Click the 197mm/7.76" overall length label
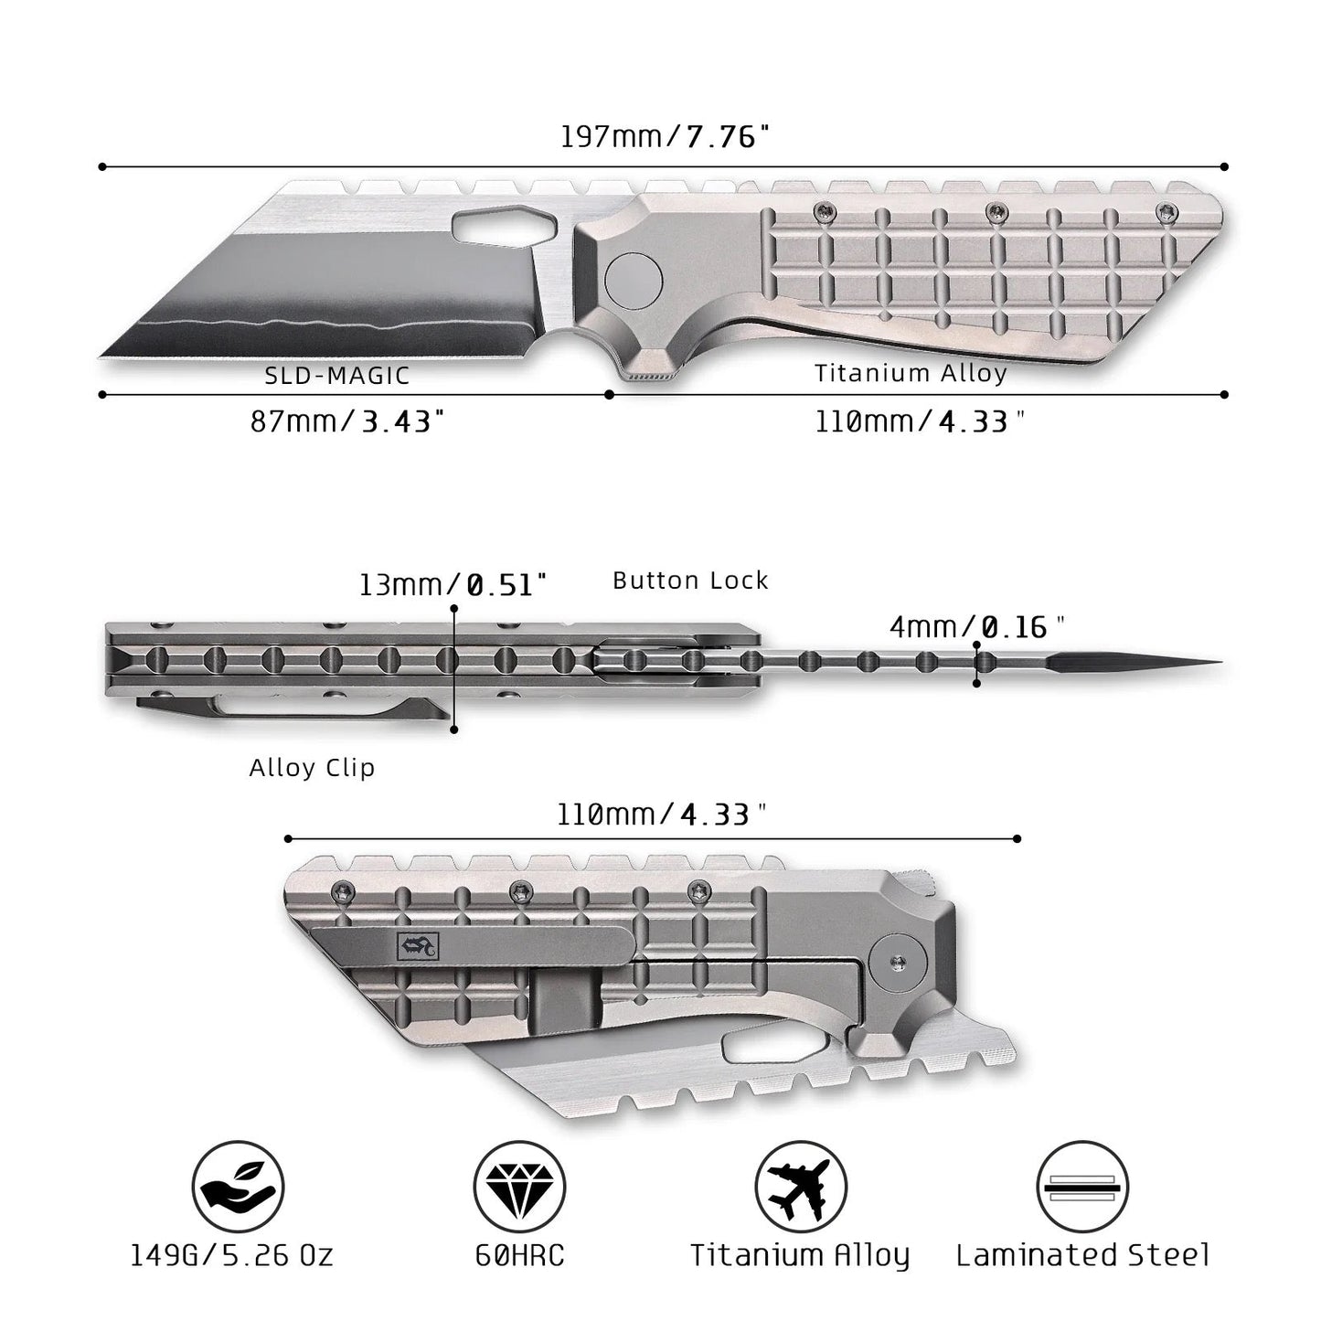pos(665,136)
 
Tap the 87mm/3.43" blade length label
pos(347,421)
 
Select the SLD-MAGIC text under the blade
pos(337,376)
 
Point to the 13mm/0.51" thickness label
pos(453,585)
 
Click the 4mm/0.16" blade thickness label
pos(977,626)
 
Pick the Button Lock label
pos(690,581)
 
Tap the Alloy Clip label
pos(312,767)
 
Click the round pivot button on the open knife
pos(634,279)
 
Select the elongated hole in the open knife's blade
pos(503,225)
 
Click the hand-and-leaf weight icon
pos(238,1187)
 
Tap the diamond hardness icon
pos(519,1187)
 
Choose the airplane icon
pos(801,1187)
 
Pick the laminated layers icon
pos(1082,1187)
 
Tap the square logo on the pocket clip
pos(418,947)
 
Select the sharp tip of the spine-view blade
pos(1221,662)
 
